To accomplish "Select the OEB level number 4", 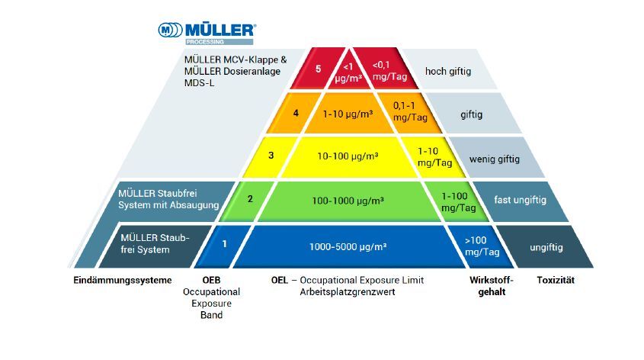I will (x=296, y=114).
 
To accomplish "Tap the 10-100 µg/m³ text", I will (x=348, y=156).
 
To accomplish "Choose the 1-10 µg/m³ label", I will (x=348, y=114).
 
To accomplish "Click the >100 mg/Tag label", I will (x=482, y=245).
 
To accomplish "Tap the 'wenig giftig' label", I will (x=495, y=159).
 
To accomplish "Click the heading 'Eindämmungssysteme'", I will (x=122, y=280).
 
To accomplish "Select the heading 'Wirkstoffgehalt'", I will (x=486, y=286).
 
